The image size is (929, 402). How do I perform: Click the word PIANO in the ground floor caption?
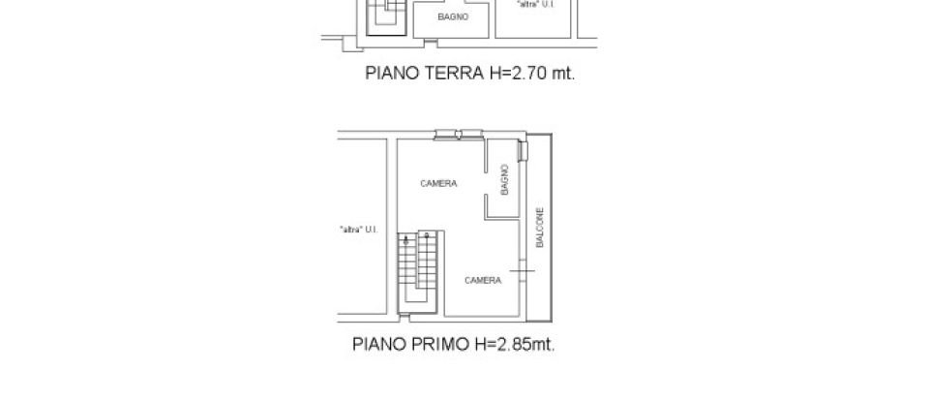[388, 72]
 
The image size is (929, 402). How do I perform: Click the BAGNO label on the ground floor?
[452, 17]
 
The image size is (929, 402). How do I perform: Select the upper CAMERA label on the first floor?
[438, 183]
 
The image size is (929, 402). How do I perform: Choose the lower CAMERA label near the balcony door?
[482, 280]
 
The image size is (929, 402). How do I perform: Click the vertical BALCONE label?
[540, 228]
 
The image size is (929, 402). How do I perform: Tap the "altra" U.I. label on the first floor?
[358, 230]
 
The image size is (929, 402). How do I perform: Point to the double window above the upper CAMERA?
[459, 134]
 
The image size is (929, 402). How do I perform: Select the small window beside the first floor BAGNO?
[524, 151]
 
